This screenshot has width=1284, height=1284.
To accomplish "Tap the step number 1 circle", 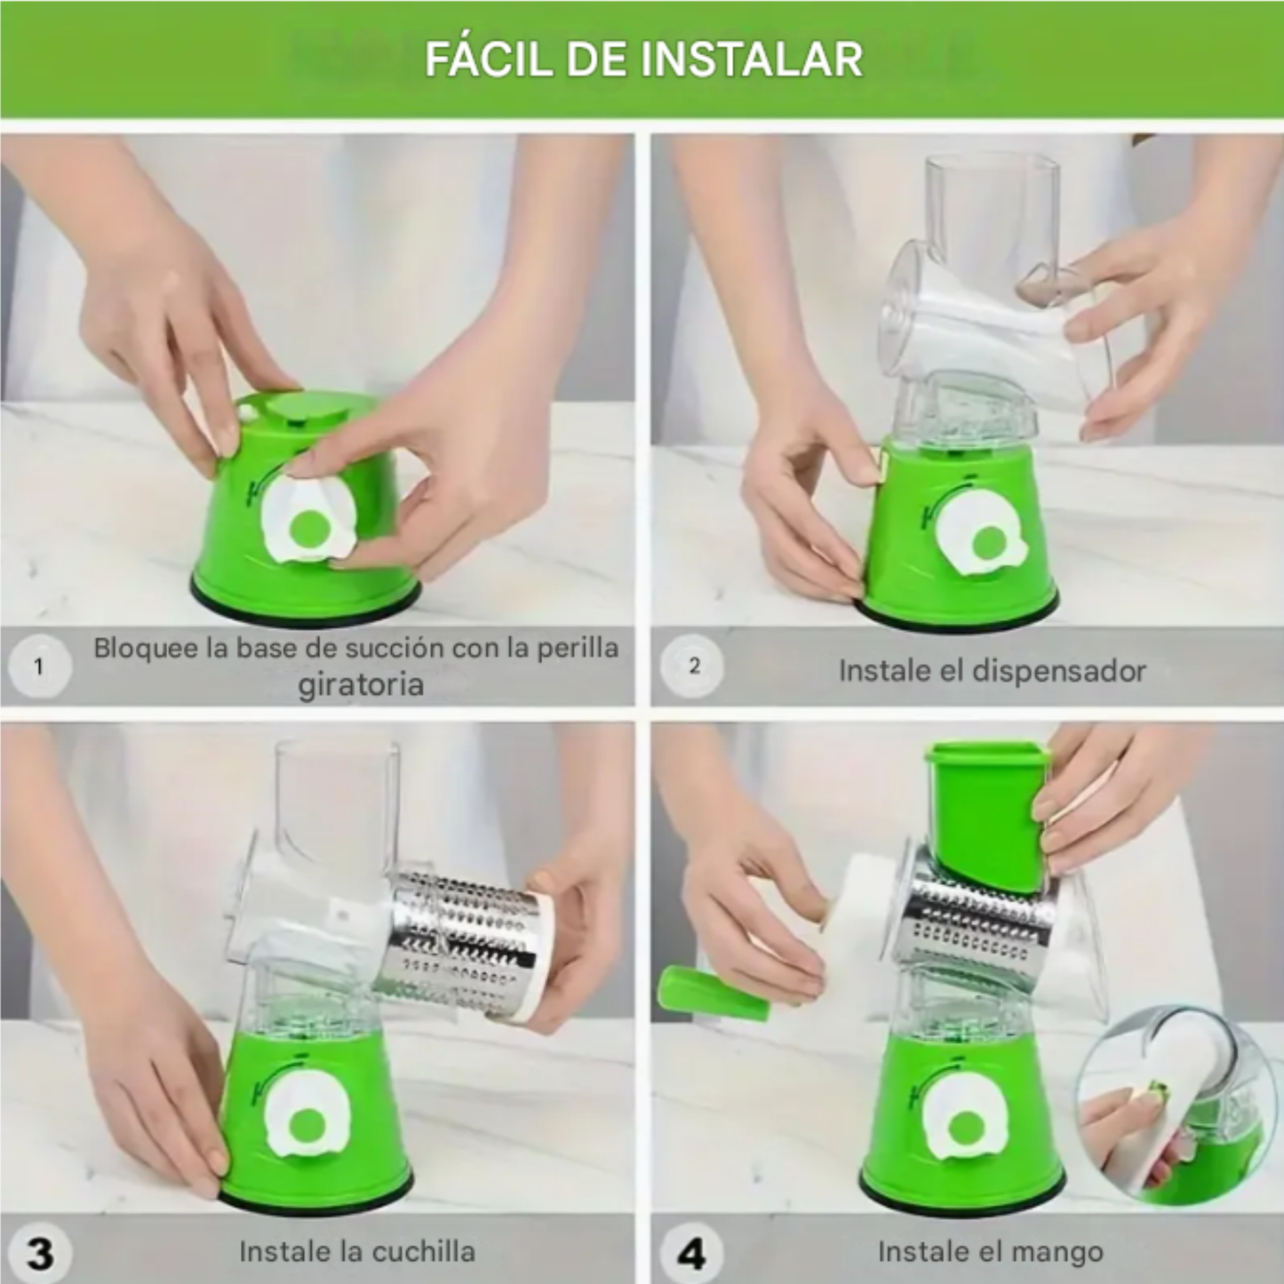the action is [38, 666].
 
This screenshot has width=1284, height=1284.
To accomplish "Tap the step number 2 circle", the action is [694, 666].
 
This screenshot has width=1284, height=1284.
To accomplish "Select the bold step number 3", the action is [40, 1254].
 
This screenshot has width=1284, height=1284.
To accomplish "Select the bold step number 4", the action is [692, 1254].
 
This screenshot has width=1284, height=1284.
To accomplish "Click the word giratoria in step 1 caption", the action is [360, 685].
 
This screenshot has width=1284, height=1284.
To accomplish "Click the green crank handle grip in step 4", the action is [711, 994].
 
